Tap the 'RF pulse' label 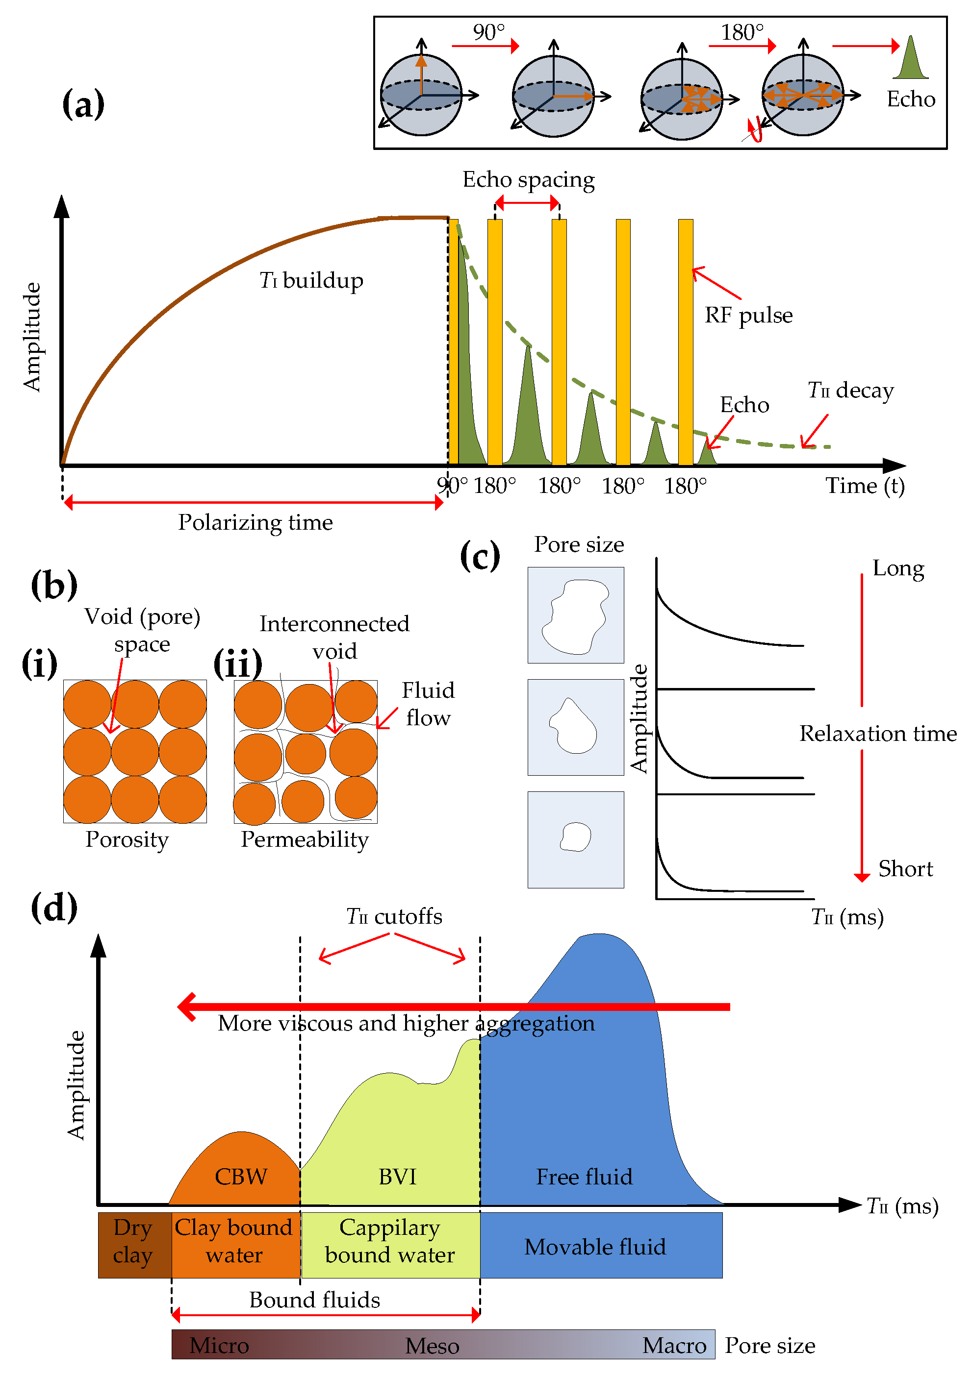(x=748, y=316)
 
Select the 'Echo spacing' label (x=528, y=180)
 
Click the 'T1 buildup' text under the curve (x=311, y=280)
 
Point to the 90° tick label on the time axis (x=452, y=486)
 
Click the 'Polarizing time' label (x=256, y=522)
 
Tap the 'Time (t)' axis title (x=864, y=486)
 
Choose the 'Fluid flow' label (x=427, y=704)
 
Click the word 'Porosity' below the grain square (x=127, y=839)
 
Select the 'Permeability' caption (x=305, y=839)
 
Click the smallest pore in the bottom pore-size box (x=575, y=837)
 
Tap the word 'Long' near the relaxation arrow (x=897, y=568)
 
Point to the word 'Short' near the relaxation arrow (x=905, y=869)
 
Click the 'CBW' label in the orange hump (x=241, y=1177)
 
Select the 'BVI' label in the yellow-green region (x=397, y=1177)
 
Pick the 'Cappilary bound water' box (x=390, y=1241)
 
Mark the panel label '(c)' (x=480, y=556)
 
